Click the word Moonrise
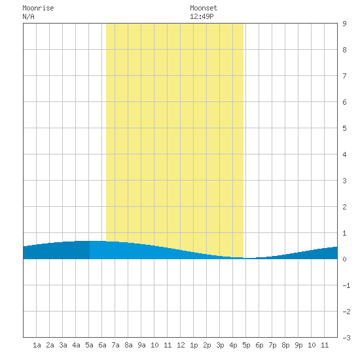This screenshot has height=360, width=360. pos(38,8)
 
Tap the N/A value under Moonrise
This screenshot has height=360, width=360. pos(28,16)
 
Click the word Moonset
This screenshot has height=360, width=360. pos(204,8)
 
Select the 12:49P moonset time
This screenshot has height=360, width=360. pos(202,16)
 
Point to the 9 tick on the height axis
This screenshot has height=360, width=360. pos(344,24)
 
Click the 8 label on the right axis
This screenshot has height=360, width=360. pos(344,50)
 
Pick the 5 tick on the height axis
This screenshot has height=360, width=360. pos(344,128)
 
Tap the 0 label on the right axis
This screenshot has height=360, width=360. pos(344,259)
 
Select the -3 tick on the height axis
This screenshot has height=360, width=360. pos(346,338)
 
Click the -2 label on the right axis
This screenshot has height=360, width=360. pos(346,312)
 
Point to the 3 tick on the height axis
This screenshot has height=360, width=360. pos(344,181)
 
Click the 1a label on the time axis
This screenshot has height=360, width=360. pos(37,345)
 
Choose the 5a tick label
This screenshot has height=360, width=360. pos(89,345)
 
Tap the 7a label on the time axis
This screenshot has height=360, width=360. pos(115,345)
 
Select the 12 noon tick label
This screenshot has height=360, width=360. pos(181,345)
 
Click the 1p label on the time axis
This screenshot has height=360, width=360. pos(194,345)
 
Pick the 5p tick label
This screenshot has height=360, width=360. pos(246,345)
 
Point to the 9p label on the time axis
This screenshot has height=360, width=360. pos(298,345)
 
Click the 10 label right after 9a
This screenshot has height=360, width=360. pos(154,345)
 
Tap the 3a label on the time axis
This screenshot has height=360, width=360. pos(63,345)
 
